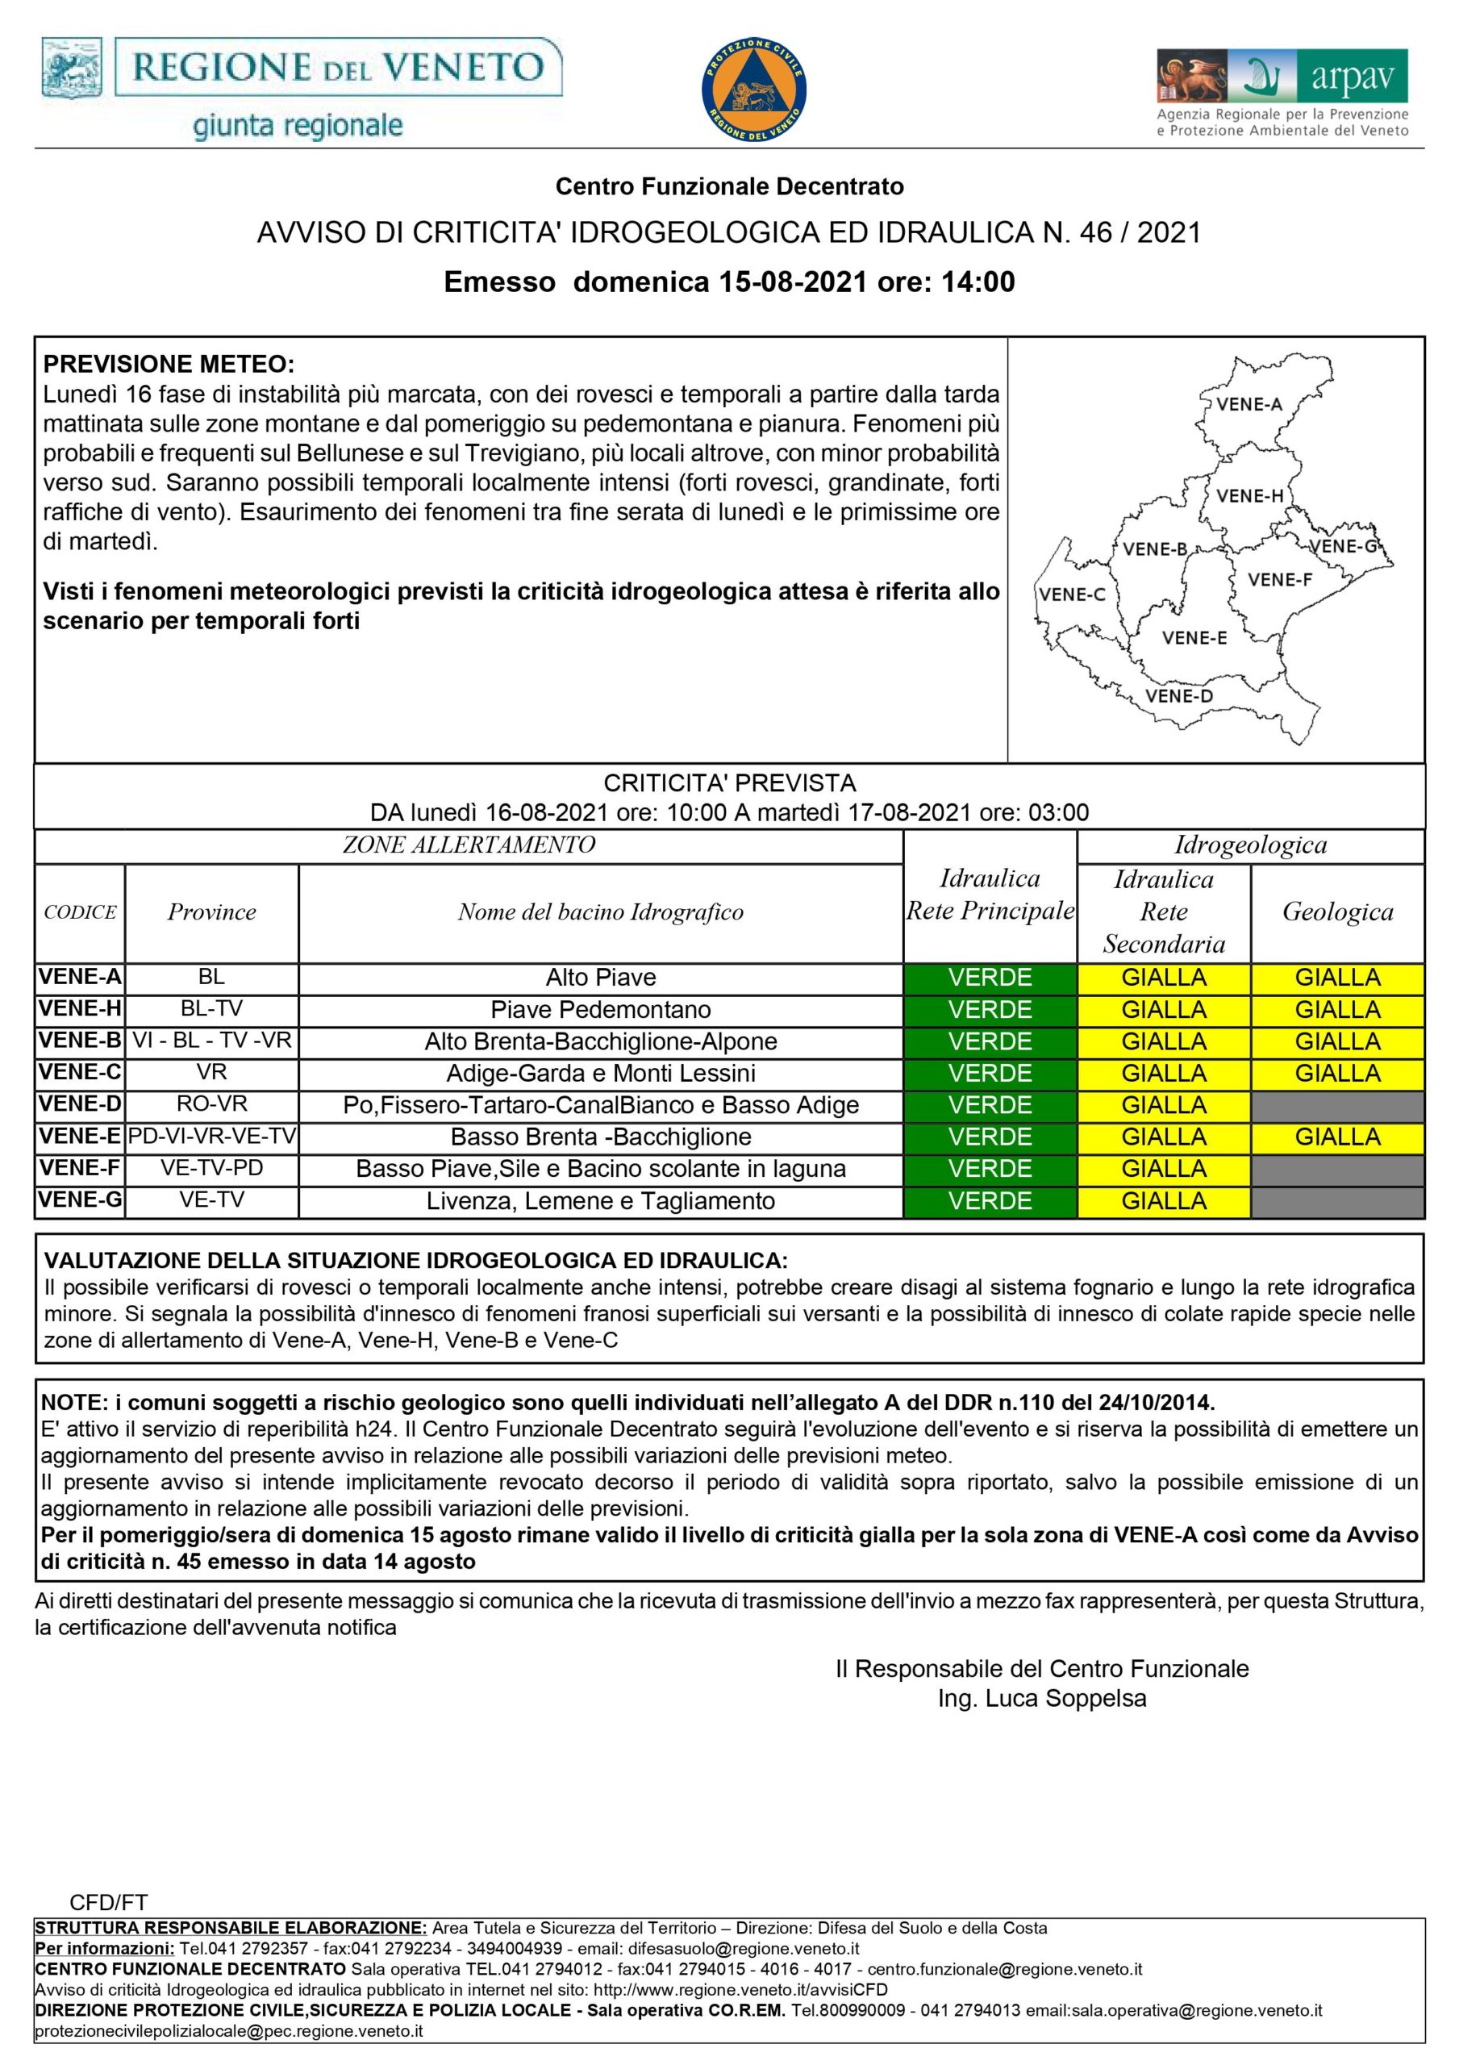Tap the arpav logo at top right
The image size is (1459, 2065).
tap(1282, 93)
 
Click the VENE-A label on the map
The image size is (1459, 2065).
tap(1248, 404)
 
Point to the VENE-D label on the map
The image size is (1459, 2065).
tap(1178, 696)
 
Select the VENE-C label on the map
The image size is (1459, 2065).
tap(1071, 594)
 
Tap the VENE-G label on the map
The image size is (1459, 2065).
tap(1344, 546)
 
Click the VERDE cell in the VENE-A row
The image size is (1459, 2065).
tap(990, 978)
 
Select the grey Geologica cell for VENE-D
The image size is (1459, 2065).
tap(1336, 1105)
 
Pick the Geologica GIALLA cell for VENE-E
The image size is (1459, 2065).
tap(1336, 1137)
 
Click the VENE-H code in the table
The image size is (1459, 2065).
tap(80, 1009)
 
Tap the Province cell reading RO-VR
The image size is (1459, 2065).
tap(211, 1104)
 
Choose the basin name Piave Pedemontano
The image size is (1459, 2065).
tap(600, 1010)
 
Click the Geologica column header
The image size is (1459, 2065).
tap(1336, 912)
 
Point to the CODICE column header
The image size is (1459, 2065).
tap(80, 912)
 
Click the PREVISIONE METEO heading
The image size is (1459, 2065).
tap(169, 365)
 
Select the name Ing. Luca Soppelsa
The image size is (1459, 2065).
tap(1042, 1699)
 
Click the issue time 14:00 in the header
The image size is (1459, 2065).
tap(978, 282)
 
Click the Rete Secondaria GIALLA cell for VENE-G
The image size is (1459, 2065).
tap(1163, 1201)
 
